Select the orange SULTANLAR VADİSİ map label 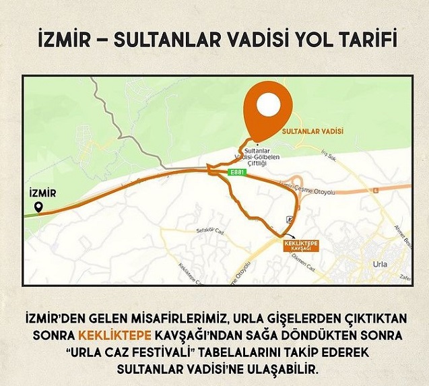(x=312, y=131)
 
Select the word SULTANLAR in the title (x=153, y=41)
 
